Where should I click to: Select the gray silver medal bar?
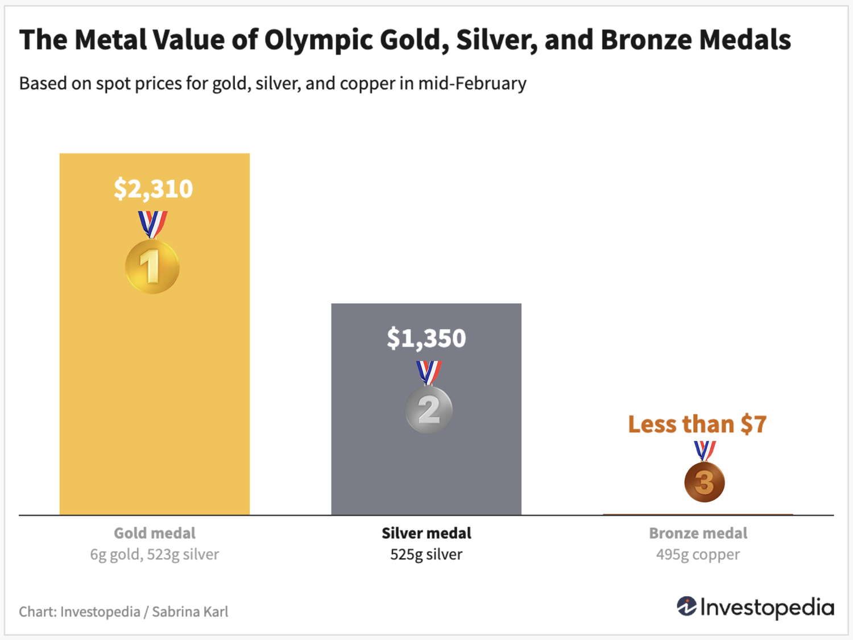[x=426, y=466]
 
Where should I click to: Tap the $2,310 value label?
[x=154, y=189]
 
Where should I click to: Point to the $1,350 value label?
[x=426, y=338]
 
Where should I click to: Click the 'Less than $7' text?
[x=697, y=424]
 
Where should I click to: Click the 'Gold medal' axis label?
[x=154, y=533]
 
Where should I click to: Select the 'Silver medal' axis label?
[x=426, y=533]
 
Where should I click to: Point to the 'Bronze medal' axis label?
[x=698, y=533]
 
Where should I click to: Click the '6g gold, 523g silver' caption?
[x=154, y=554]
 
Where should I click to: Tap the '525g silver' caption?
[x=426, y=554]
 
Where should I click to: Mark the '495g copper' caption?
[x=698, y=554]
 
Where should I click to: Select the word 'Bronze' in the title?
[x=645, y=40]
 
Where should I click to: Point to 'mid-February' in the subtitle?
[x=472, y=84]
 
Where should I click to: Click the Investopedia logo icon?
[x=686, y=606]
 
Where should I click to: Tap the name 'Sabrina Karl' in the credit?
[x=190, y=612]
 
